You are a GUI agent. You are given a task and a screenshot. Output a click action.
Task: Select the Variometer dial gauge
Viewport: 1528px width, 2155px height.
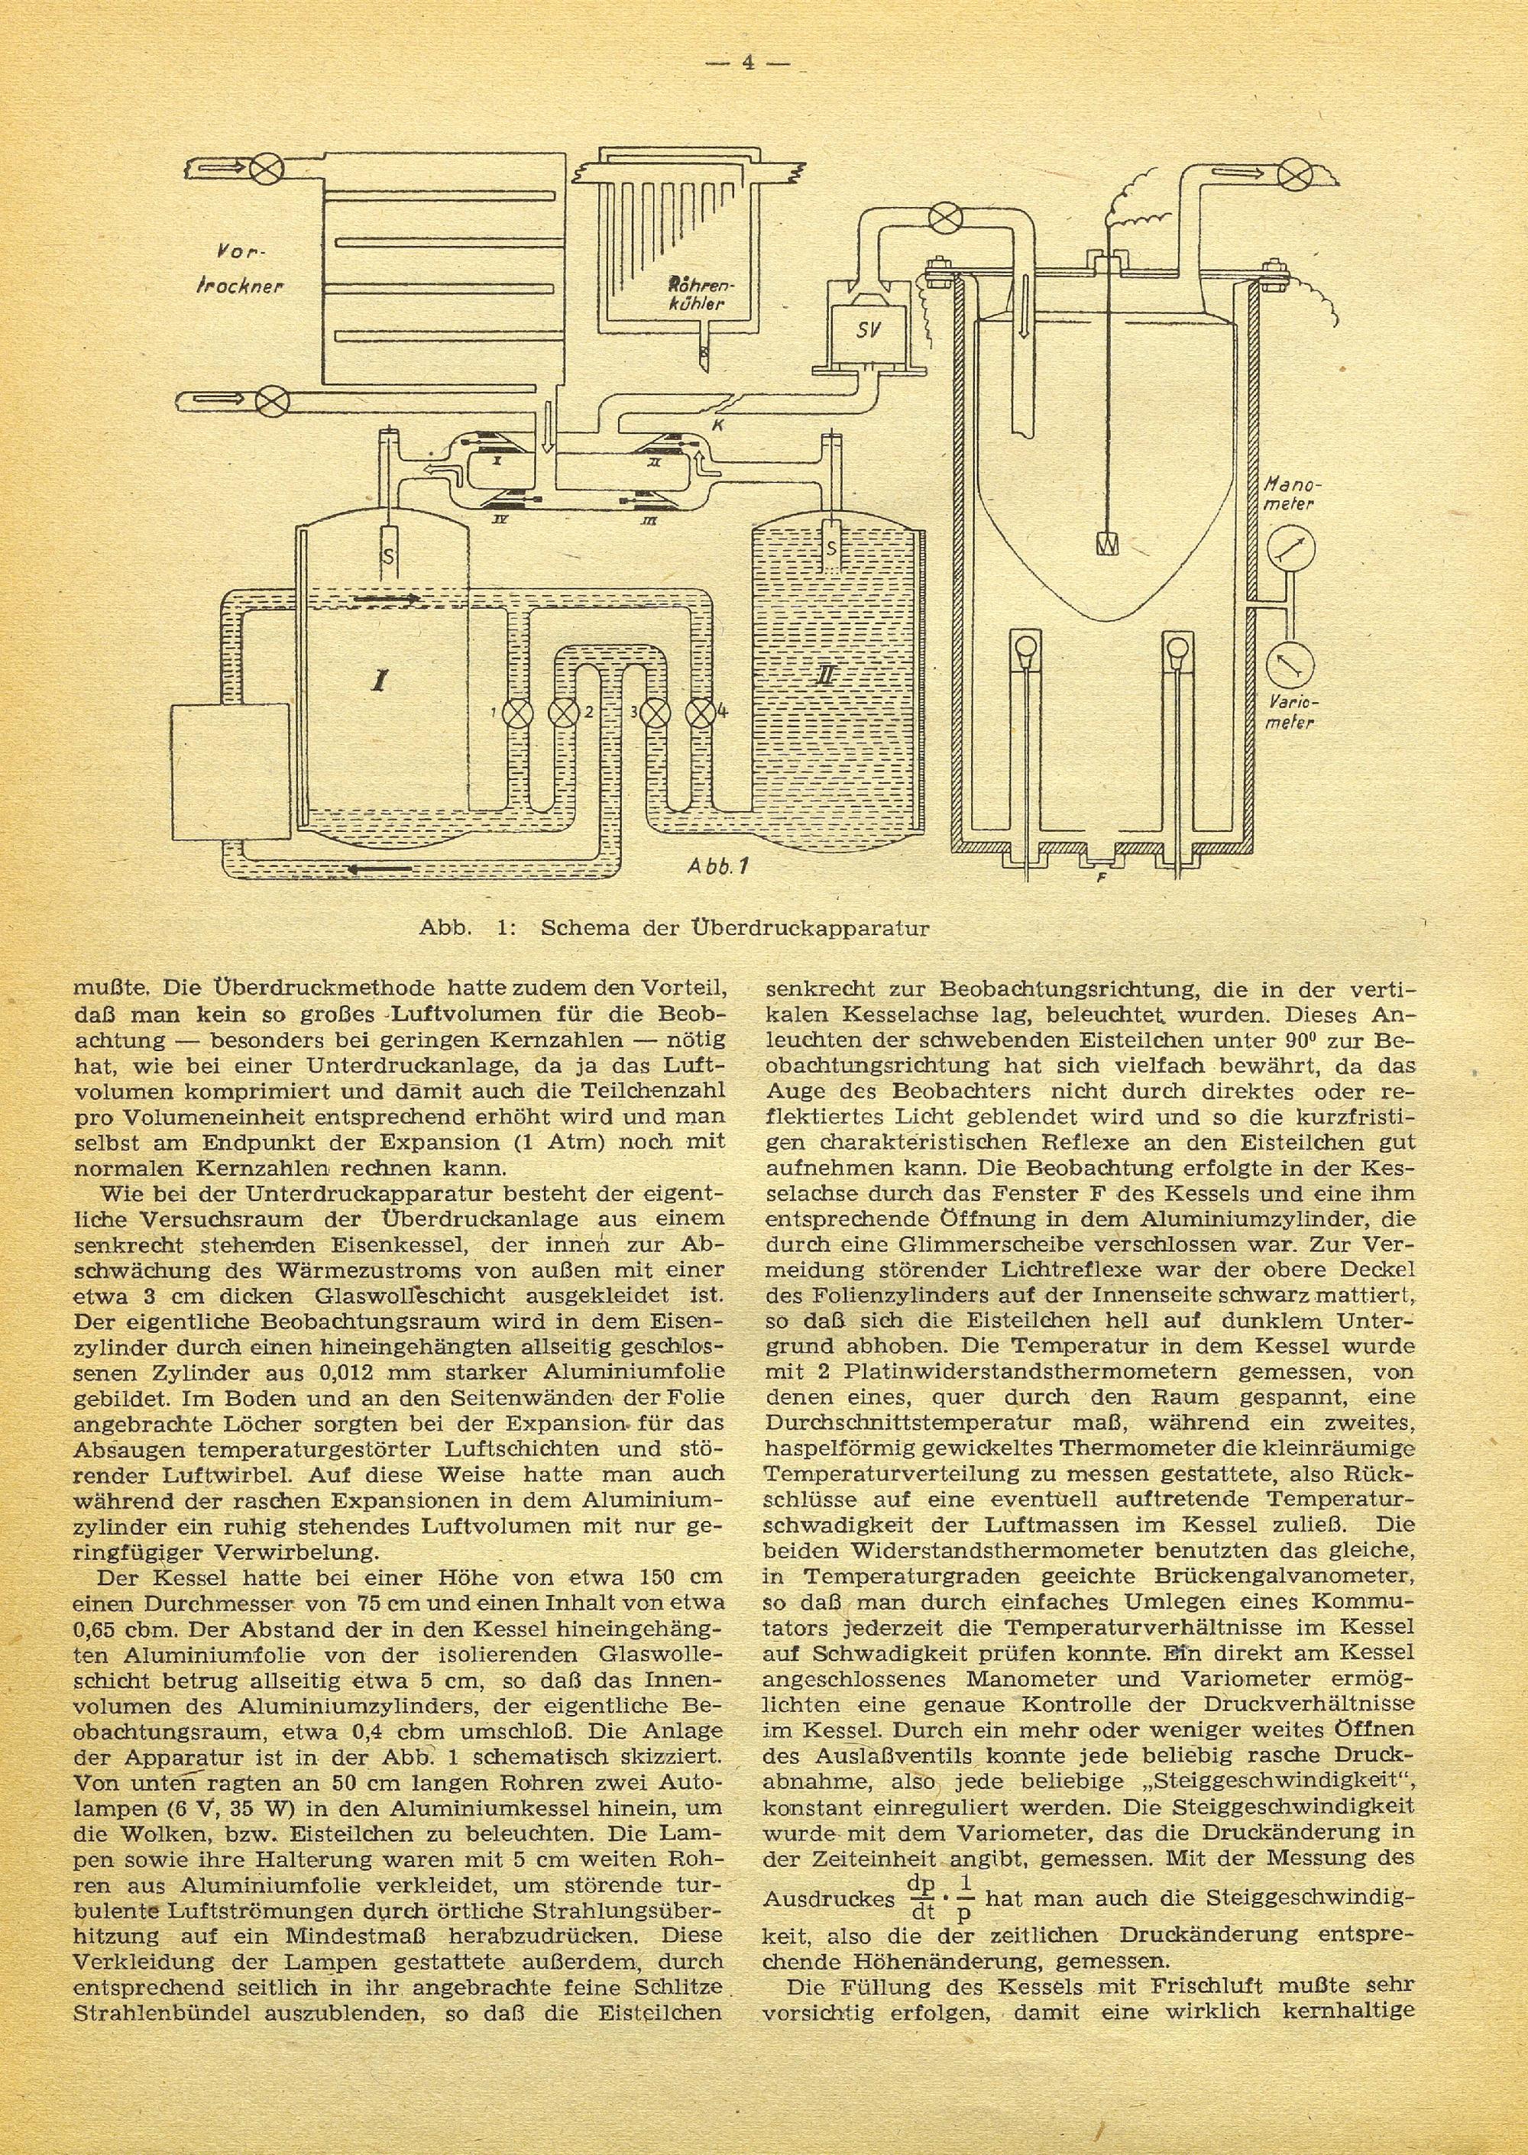click(1289, 666)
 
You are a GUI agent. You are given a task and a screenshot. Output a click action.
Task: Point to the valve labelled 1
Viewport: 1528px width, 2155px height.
click(516, 712)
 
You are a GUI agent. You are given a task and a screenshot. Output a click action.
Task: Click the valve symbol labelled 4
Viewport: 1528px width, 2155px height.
click(699, 712)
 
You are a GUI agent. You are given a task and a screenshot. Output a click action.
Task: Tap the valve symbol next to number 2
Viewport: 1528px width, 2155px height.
click(562, 712)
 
